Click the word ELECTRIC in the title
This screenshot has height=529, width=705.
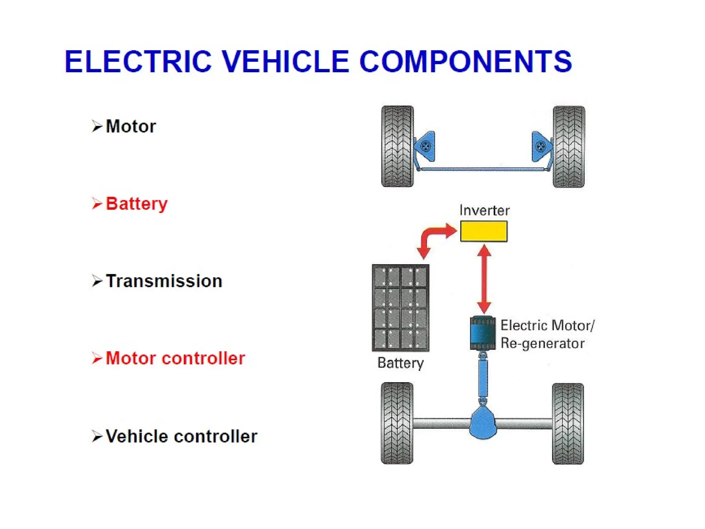click(x=138, y=62)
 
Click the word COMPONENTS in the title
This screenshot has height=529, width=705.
click(x=465, y=62)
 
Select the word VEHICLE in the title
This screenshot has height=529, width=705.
click(x=285, y=62)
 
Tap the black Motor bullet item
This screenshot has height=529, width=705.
click(x=131, y=126)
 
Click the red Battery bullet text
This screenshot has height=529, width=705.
click(x=137, y=204)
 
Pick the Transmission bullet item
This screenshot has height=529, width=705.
click(x=164, y=281)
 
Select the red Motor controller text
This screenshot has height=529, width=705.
click(x=175, y=358)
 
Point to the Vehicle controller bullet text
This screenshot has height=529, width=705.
click(x=181, y=436)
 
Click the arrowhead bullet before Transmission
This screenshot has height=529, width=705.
click(x=97, y=281)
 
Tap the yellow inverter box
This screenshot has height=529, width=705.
click(x=484, y=231)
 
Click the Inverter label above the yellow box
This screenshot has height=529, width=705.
click(x=484, y=210)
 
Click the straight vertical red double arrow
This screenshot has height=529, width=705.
click(x=484, y=279)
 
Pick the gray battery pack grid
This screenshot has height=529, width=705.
click(x=400, y=308)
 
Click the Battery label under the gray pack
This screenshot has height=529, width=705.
click(x=400, y=363)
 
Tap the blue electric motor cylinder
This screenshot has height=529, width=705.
click(x=483, y=333)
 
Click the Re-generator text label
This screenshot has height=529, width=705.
click(x=542, y=343)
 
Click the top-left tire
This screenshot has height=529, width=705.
click(x=397, y=146)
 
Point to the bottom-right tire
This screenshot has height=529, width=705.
click(x=568, y=424)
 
